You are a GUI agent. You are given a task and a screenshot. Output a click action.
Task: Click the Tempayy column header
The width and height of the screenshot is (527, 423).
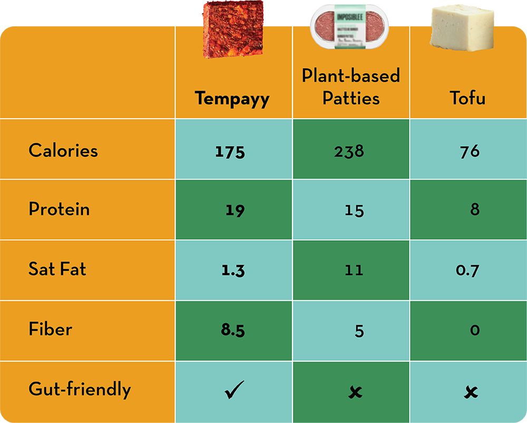click(x=232, y=99)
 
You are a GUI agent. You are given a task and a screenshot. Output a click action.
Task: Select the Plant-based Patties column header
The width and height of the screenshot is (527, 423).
click(x=351, y=86)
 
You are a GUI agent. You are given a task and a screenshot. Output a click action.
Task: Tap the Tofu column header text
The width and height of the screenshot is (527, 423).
click(x=467, y=99)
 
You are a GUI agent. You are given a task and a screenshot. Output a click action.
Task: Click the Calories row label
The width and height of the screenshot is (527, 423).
click(x=63, y=151)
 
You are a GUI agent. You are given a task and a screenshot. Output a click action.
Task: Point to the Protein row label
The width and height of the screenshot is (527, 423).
click(x=59, y=209)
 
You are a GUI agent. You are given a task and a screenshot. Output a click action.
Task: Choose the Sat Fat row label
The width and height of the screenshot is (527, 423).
click(x=57, y=269)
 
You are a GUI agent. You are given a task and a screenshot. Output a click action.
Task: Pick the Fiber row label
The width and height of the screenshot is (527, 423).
click(x=51, y=329)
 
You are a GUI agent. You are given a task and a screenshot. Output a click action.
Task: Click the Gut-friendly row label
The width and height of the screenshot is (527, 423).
click(x=80, y=389)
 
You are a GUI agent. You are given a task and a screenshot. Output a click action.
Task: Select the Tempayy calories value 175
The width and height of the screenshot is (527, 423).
click(x=230, y=152)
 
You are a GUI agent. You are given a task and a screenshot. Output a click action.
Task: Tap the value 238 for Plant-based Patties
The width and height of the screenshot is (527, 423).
click(x=349, y=152)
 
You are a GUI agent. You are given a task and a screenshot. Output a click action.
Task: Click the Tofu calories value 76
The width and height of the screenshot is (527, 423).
click(x=470, y=152)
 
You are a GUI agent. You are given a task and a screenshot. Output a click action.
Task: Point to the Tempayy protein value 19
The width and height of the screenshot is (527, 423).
click(x=235, y=210)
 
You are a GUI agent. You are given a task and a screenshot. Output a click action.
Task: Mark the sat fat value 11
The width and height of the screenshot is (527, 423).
click(x=354, y=270)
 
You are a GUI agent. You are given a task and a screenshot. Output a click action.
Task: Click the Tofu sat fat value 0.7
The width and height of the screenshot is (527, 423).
click(x=467, y=271)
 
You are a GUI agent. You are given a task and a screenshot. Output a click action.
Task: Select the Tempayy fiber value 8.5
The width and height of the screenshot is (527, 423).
click(x=232, y=331)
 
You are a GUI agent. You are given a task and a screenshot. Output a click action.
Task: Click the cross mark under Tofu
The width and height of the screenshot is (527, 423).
click(x=471, y=392)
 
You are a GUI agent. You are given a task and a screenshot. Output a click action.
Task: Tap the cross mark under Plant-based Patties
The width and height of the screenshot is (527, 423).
click(x=355, y=392)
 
